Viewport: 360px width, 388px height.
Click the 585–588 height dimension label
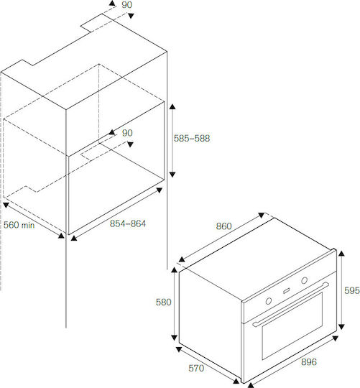coord(192,138)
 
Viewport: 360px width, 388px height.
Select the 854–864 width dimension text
coord(128,223)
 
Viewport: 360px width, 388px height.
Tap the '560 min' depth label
coord(19,225)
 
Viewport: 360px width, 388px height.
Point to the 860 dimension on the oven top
coord(223,226)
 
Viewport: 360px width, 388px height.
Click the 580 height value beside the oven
coord(164,302)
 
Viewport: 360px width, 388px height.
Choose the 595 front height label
coord(352,290)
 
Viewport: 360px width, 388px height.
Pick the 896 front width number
coord(309,362)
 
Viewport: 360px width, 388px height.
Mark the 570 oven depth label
coord(196,368)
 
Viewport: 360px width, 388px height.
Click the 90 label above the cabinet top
coord(126,5)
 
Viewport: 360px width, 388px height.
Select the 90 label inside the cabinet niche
coord(127,133)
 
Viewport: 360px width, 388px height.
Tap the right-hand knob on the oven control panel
coord(305,280)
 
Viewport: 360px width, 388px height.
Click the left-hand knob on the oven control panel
coord(269,301)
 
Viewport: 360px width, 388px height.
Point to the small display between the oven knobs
coord(286,291)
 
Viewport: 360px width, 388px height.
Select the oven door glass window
coord(292,326)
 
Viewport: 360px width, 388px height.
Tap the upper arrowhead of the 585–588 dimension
coord(172,106)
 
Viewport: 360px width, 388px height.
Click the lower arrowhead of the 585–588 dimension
coord(172,175)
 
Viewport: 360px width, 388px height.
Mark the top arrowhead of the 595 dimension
coord(341,253)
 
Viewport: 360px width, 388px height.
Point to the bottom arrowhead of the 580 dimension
coord(174,337)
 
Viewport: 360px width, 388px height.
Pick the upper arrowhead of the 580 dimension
coord(174,269)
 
